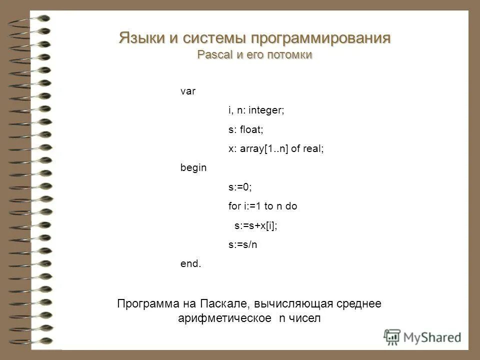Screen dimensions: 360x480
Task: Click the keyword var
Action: click(x=188, y=91)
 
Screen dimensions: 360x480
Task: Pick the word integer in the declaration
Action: click(x=266, y=110)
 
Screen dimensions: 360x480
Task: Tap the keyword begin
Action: click(x=193, y=168)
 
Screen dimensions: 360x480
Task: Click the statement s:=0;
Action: click(x=240, y=187)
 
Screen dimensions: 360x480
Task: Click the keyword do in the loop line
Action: click(x=291, y=206)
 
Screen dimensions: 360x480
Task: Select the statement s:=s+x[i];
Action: click(x=256, y=225)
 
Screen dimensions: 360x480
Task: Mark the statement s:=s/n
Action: click(x=242, y=244)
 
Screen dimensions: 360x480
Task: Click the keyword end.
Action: click(x=191, y=263)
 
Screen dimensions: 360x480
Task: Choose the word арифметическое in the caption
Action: click(x=225, y=318)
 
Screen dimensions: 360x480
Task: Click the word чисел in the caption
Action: click(x=304, y=318)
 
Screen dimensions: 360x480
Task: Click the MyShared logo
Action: click(x=422, y=337)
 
